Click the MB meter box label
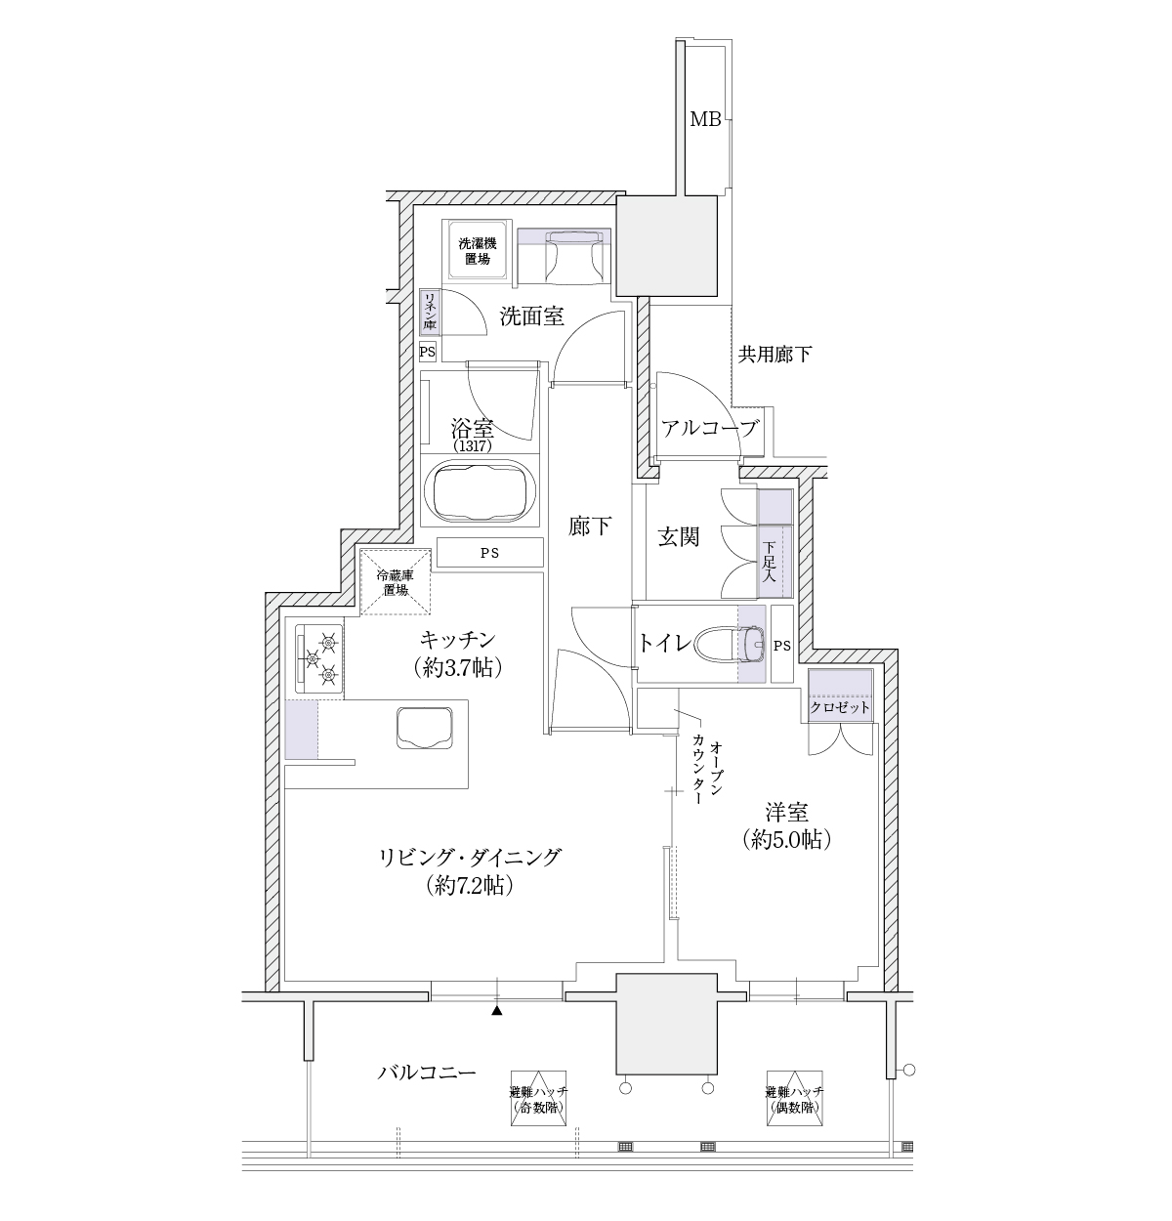(x=705, y=119)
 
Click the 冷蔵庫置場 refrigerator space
(x=396, y=581)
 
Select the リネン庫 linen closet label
(x=429, y=312)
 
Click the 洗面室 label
(x=531, y=316)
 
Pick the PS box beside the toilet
(x=781, y=645)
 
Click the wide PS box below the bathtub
(x=490, y=553)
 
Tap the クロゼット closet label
(x=840, y=708)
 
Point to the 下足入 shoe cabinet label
(x=770, y=562)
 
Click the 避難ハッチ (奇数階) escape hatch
(x=538, y=1097)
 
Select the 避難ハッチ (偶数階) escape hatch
(x=794, y=1097)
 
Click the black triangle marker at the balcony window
(x=497, y=1011)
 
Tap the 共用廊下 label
(x=774, y=355)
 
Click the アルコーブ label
(x=710, y=429)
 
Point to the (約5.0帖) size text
(x=786, y=839)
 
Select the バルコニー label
(x=426, y=1072)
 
